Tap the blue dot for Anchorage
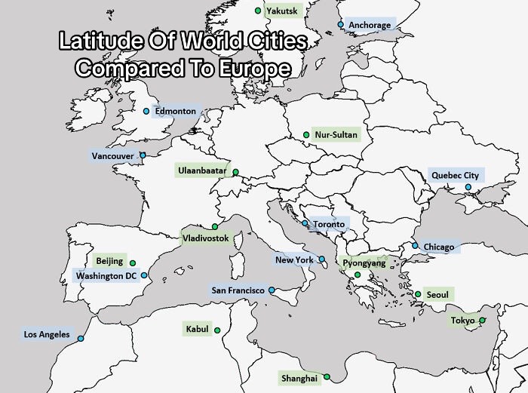pos(340,25)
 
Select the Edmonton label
pos(175,111)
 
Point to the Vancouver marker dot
pos(143,156)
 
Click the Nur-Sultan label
pos(336,135)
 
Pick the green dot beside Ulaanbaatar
pos(235,172)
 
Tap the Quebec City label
pos(455,175)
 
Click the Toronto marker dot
pos(305,223)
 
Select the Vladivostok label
pos(205,238)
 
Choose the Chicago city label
pos(439,247)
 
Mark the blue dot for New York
pos(322,259)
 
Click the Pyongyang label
pos(364,263)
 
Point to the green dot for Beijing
pos(133,263)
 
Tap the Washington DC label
pos(106,275)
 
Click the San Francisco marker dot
pos(272,290)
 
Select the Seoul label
pos(437,294)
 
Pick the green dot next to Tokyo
pos(482,321)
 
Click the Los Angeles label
pos(47,334)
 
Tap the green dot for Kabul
pos(216,330)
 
